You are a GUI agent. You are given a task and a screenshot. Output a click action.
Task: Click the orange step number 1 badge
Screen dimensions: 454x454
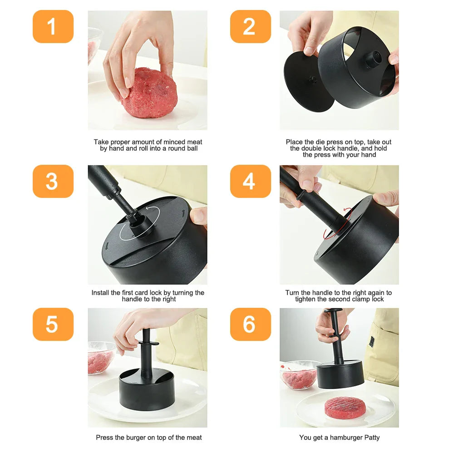pyautogui.click(x=53, y=26)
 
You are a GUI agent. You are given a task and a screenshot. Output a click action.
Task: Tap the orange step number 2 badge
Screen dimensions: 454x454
pyautogui.click(x=250, y=26)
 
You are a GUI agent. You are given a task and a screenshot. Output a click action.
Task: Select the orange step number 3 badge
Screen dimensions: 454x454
pyautogui.click(x=53, y=181)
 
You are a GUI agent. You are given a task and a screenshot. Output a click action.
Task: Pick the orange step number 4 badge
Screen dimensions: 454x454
pyautogui.click(x=250, y=181)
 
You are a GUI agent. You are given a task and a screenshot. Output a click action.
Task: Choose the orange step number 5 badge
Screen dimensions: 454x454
pyautogui.click(x=53, y=324)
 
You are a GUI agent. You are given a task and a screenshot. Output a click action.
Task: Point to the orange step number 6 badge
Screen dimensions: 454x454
pyautogui.click(x=250, y=324)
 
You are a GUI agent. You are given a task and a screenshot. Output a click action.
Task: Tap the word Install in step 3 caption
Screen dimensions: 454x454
pyautogui.click(x=100, y=293)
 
